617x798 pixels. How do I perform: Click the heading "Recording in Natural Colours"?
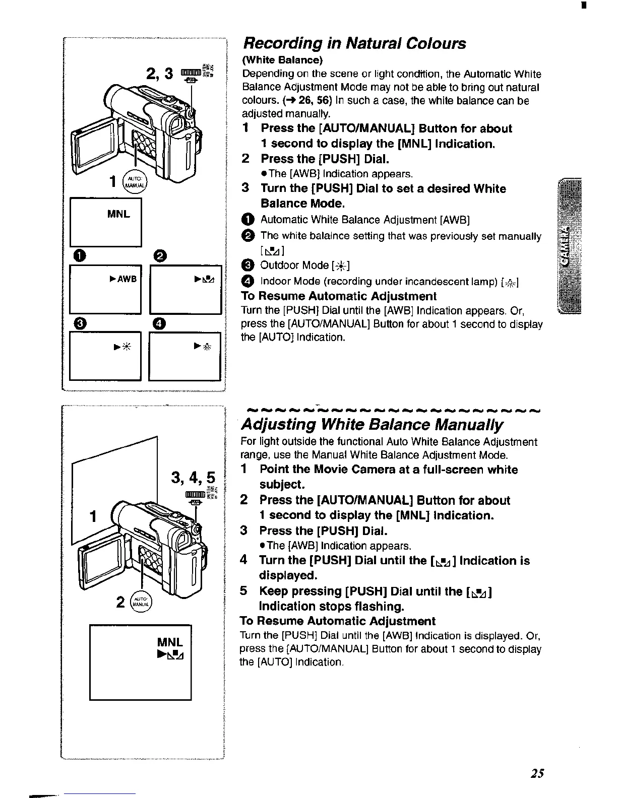354,43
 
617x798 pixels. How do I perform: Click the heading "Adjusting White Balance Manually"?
373,425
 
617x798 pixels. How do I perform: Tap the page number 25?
536,773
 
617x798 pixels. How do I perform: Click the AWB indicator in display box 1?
124,279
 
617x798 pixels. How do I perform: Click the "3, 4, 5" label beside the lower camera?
194,477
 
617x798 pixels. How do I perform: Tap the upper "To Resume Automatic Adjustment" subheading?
339,296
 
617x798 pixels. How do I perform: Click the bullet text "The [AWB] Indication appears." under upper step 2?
337,174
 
